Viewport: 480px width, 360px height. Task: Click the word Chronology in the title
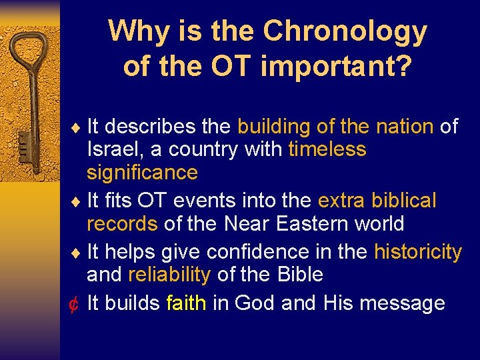point(345,31)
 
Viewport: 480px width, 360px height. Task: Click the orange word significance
point(142,173)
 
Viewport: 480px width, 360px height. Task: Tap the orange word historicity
point(417,252)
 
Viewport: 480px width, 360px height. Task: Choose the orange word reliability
point(169,275)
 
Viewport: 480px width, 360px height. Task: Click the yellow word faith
point(186,303)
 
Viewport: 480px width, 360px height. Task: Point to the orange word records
point(122,223)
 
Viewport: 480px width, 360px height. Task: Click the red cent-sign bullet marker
point(75,304)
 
